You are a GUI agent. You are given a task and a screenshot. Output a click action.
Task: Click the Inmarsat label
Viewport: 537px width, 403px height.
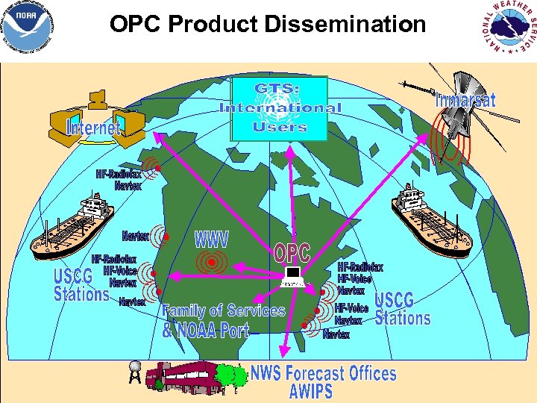click(x=465, y=100)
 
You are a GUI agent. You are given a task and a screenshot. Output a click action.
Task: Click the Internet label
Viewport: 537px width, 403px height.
click(x=92, y=128)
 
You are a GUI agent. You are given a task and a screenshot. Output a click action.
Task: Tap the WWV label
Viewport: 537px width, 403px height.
click(x=212, y=240)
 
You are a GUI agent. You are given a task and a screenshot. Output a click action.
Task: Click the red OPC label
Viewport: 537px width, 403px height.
click(x=292, y=253)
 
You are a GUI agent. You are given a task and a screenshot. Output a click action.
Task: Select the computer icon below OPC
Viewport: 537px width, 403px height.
click(x=292, y=278)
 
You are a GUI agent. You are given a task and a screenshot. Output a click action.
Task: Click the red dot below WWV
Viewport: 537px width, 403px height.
click(x=212, y=263)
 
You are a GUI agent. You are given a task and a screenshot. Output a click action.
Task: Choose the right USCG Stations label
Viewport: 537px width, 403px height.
click(x=402, y=309)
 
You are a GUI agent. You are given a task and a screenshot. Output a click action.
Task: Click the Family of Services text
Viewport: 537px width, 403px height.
click(x=224, y=310)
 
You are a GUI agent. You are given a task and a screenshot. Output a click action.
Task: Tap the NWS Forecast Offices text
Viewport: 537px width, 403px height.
click(x=323, y=372)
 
